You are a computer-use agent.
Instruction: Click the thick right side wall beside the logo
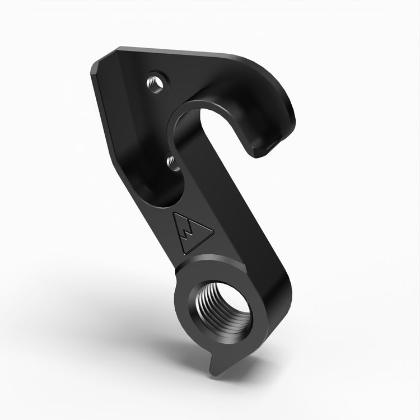(241, 224)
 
